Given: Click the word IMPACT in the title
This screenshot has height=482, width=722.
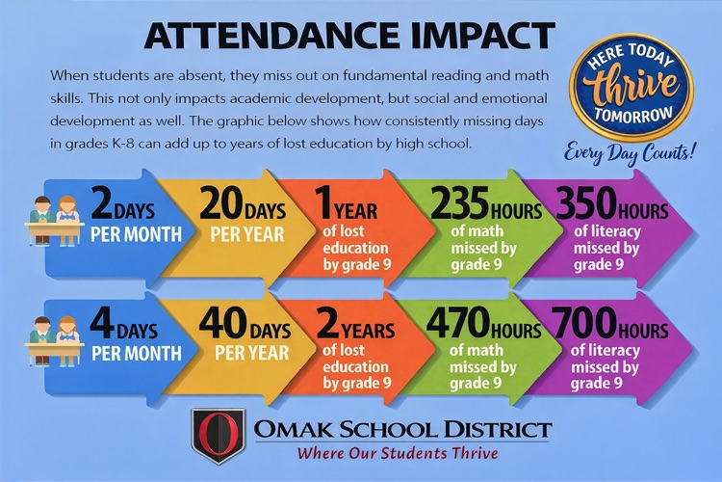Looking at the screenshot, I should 466,35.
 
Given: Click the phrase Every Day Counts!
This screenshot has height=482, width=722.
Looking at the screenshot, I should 630,151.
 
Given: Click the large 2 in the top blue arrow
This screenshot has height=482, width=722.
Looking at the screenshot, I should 102,205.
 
